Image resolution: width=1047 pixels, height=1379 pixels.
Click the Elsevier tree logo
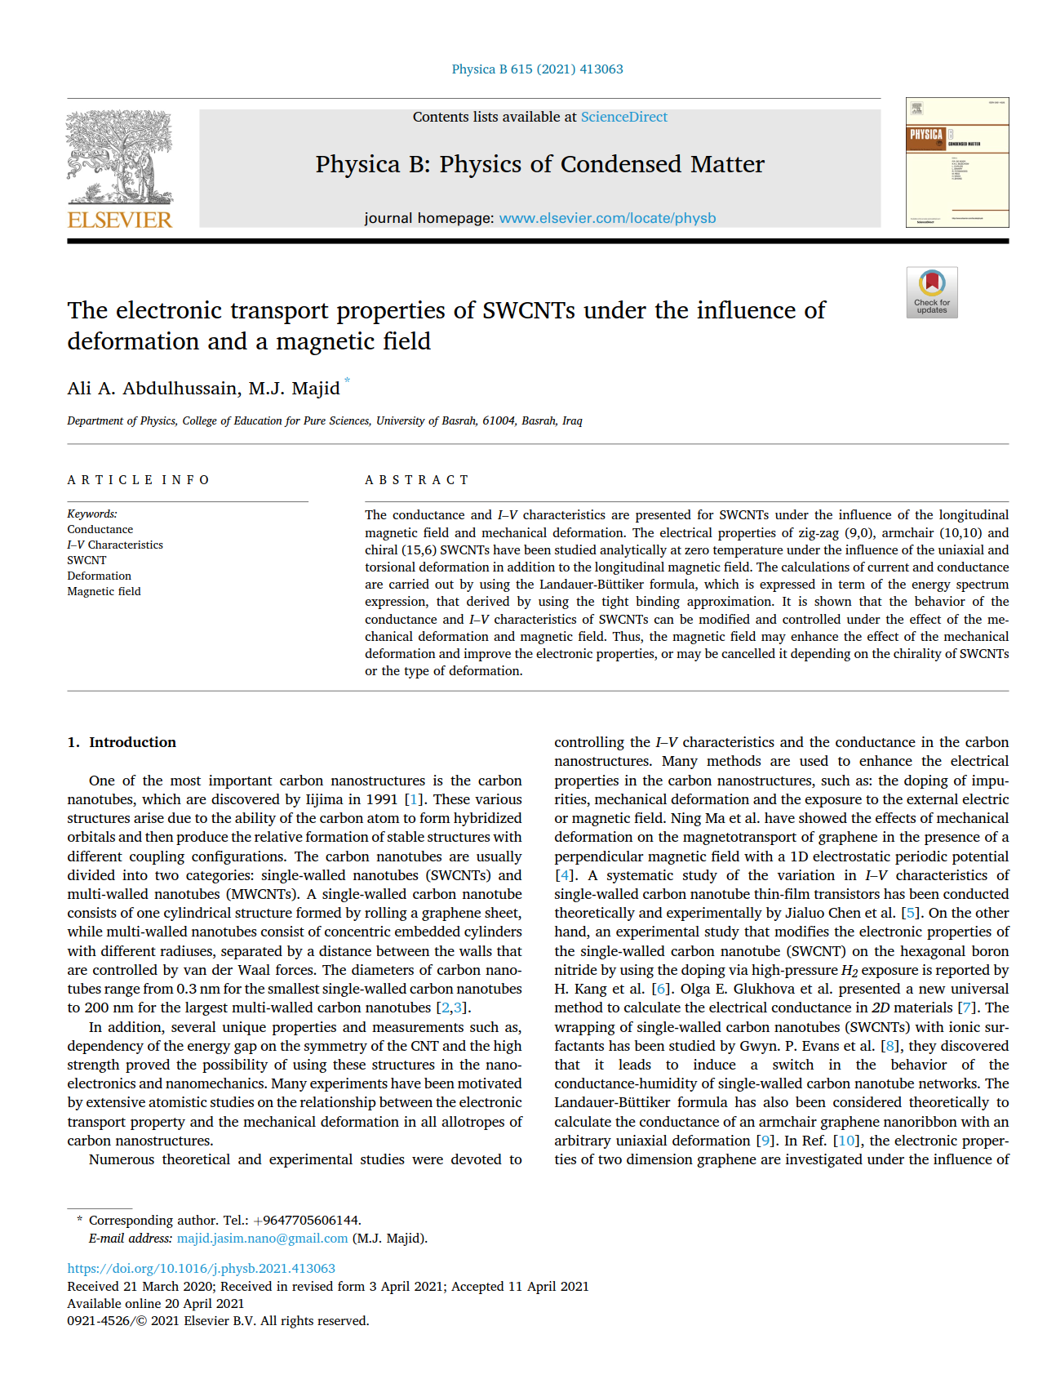coord(119,157)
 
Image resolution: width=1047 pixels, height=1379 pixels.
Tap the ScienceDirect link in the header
coord(623,117)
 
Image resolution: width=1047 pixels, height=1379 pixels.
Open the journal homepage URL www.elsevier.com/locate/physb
coord(607,218)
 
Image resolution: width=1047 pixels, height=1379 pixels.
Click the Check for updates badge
coord(931,291)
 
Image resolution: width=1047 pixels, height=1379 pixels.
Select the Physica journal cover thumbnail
coord(956,162)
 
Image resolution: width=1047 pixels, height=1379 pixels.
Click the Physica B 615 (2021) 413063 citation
coord(537,69)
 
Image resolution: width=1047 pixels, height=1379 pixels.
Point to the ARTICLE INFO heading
coord(138,480)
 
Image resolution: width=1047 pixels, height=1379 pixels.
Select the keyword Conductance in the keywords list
coord(100,529)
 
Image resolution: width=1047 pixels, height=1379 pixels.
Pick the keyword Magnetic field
coord(104,591)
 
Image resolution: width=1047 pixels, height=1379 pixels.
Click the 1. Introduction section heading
coord(122,742)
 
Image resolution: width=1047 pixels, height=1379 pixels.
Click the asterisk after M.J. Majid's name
coord(347,380)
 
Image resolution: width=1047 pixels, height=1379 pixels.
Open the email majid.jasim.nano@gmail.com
coord(262,1239)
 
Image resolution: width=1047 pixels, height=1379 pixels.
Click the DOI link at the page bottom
coord(201,1269)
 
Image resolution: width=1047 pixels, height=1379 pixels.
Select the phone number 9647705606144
coord(310,1221)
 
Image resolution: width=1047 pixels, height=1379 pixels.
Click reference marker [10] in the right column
coord(847,1141)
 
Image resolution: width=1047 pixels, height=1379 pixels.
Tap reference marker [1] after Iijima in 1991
coord(414,799)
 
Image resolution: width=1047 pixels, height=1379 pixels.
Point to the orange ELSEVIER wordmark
coord(120,220)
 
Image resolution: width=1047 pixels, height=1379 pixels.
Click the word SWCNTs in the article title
coord(529,311)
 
